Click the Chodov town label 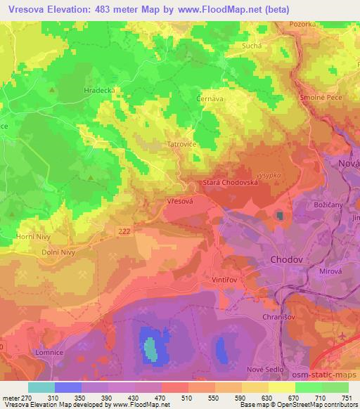286,260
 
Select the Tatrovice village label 166,145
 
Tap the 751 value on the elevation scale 346,398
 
